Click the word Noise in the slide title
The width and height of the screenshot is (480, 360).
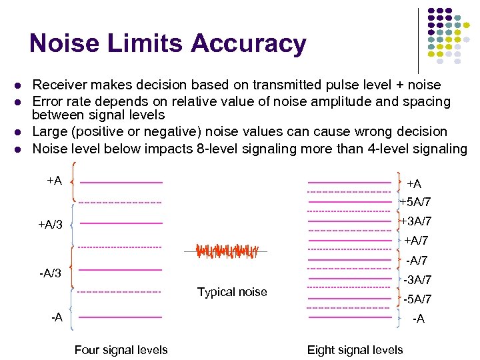click(x=64, y=44)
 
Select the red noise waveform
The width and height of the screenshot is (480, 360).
click(x=223, y=251)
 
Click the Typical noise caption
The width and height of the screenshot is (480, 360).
click(x=232, y=292)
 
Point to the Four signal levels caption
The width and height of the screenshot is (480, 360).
click(x=121, y=350)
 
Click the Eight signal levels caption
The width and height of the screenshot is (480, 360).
click(x=355, y=350)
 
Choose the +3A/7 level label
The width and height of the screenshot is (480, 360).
click(x=415, y=221)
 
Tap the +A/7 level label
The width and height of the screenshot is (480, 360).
click(x=416, y=241)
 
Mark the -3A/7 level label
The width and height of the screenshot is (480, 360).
click(x=417, y=280)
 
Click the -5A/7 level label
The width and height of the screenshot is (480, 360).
click(x=417, y=299)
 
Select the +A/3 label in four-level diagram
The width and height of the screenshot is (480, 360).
click(x=50, y=225)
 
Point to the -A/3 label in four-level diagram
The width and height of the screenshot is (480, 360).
click(x=50, y=273)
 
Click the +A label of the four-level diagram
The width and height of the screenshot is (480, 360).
click(x=55, y=181)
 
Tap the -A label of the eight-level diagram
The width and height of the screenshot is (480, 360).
click(x=418, y=319)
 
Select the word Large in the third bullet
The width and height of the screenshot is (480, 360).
click(x=49, y=132)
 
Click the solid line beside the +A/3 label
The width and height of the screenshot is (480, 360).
click(x=121, y=223)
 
